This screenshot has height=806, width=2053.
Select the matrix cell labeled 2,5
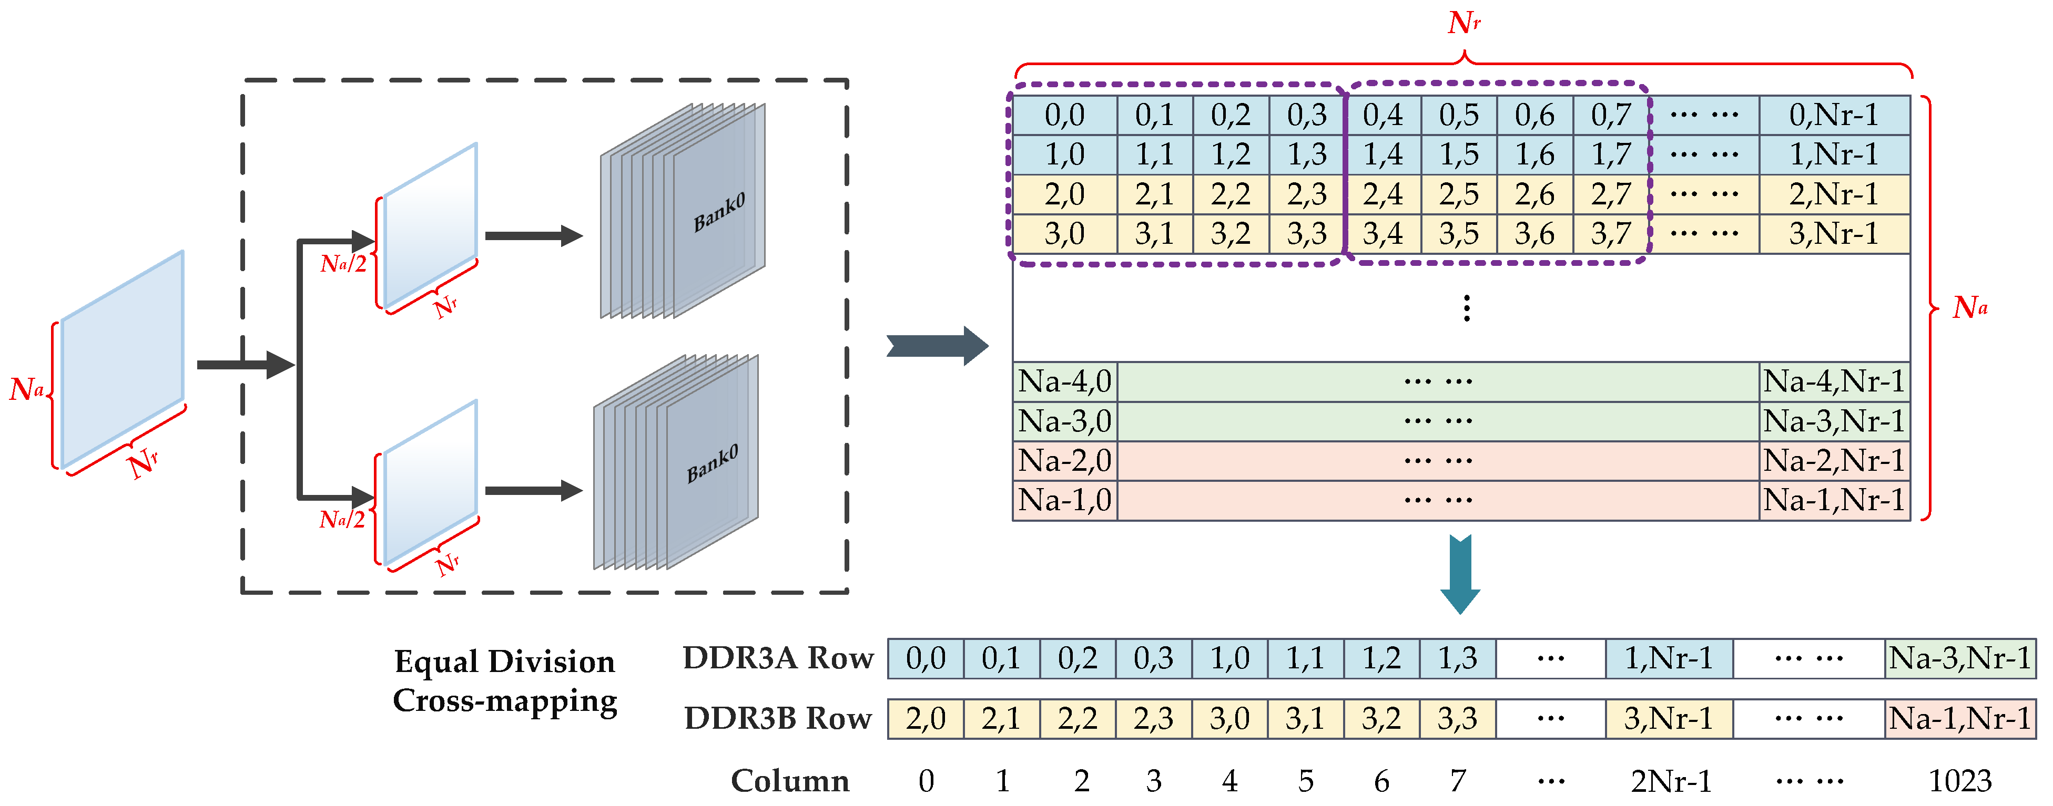point(1458,194)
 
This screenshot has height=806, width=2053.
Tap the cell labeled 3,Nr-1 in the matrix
point(1833,234)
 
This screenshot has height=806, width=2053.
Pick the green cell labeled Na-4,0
point(1065,381)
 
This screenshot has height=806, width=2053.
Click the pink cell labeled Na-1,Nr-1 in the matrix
point(1833,500)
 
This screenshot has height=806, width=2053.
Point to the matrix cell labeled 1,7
point(1611,154)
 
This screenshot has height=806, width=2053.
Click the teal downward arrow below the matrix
point(1460,573)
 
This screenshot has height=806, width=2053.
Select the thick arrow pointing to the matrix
point(937,346)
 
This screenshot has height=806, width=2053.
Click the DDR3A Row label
point(778,658)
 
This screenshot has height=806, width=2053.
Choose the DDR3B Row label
point(778,718)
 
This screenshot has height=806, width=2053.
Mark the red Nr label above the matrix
point(1463,22)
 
